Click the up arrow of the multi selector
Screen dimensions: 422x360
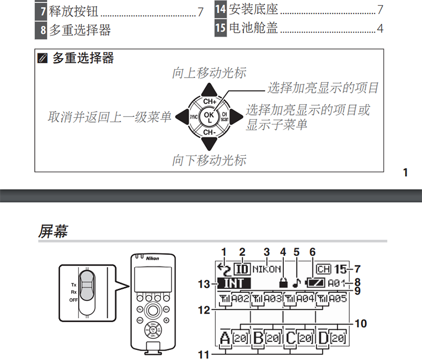click(209, 89)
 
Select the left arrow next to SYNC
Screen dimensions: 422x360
click(182, 115)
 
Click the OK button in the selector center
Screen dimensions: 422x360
click(209, 115)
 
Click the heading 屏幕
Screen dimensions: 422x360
click(53, 231)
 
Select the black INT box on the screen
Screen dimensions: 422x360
click(234, 283)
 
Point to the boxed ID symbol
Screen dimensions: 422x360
click(243, 269)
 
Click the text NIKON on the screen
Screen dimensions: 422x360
click(267, 269)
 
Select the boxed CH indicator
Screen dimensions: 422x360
click(323, 269)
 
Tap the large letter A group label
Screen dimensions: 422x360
click(225, 337)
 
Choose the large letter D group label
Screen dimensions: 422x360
click(324, 337)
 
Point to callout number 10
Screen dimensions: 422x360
click(361, 323)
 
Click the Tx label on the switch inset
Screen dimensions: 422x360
click(74, 283)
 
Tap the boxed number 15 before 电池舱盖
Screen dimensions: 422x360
click(220, 27)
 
